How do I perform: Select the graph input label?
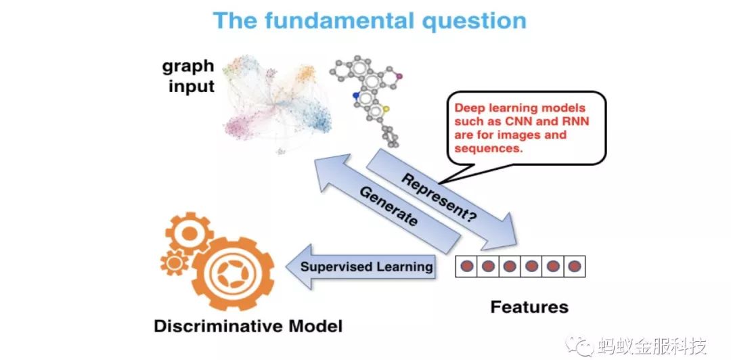(187, 76)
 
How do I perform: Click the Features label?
(529, 307)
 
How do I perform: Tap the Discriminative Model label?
(248, 326)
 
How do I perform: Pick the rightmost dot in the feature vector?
(575, 267)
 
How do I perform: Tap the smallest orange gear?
(175, 262)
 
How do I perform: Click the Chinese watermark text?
(651, 346)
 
